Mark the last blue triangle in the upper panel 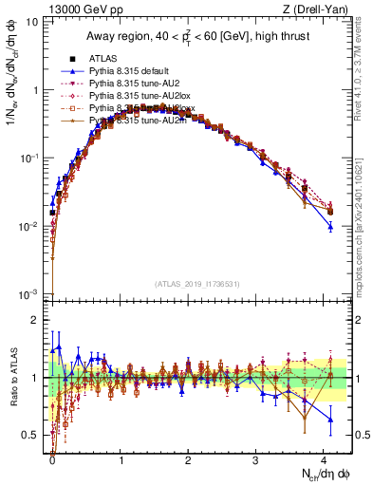click(329, 226)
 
